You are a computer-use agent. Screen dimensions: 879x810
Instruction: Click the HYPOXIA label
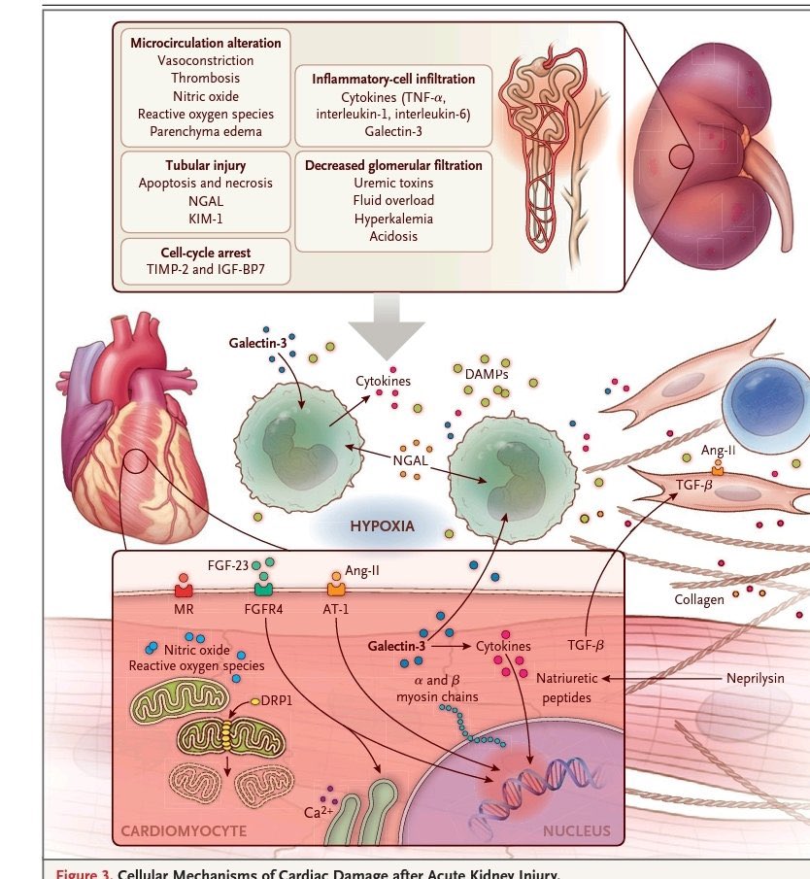[x=382, y=526]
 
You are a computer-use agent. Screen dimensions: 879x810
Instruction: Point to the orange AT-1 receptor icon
[x=336, y=588]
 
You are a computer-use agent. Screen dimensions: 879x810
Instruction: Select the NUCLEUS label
[x=577, y=830]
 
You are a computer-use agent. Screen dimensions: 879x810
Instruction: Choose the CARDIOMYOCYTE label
[x=184, y=830]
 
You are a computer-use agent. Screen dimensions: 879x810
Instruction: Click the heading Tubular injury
[x=205, y=165]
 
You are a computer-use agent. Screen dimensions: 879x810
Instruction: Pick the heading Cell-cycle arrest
[x=205, y=254]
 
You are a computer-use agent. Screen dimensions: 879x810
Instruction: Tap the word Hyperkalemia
[x=393, y=219]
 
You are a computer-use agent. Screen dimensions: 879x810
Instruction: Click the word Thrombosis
[x=205, y=78]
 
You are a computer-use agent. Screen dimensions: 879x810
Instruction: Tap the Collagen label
[x=699, y=599]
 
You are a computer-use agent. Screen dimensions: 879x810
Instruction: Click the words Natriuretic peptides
[x=565, y=687]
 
